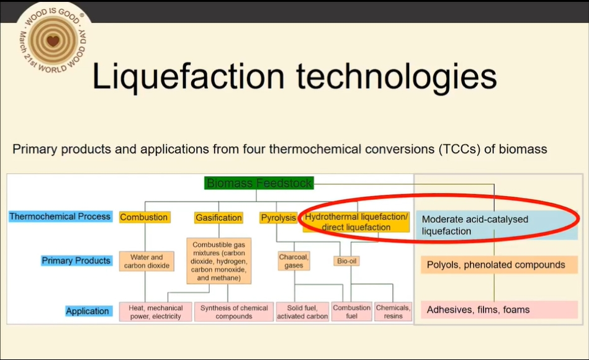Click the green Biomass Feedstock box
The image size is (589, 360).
coord(259,183)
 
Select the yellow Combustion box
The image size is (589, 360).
coord(145,217)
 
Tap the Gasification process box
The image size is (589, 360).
coord(218,218)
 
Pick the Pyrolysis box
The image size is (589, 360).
coord(278,218)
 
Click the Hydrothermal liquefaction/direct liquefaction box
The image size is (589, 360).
coord(356,222)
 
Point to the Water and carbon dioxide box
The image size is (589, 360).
coord(146,261)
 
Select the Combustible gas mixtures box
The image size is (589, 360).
coord(219,261)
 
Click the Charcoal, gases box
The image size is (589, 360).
coord(294,261)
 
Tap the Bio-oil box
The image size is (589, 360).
coord(346,261)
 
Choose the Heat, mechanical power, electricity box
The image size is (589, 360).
coord(156,312)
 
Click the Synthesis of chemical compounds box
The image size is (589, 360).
coord(234,312)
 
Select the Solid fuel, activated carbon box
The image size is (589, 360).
coord(302,312)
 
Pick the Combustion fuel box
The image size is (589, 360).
coord(351,312)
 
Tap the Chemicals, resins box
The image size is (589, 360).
coord(393,312)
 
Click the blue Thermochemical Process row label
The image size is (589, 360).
coord(60,217)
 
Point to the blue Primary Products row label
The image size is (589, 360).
coord(76,261)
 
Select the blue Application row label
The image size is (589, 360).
coord(88,311)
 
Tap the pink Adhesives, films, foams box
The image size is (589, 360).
coord(499,310)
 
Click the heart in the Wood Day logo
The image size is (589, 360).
coord(53,40)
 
